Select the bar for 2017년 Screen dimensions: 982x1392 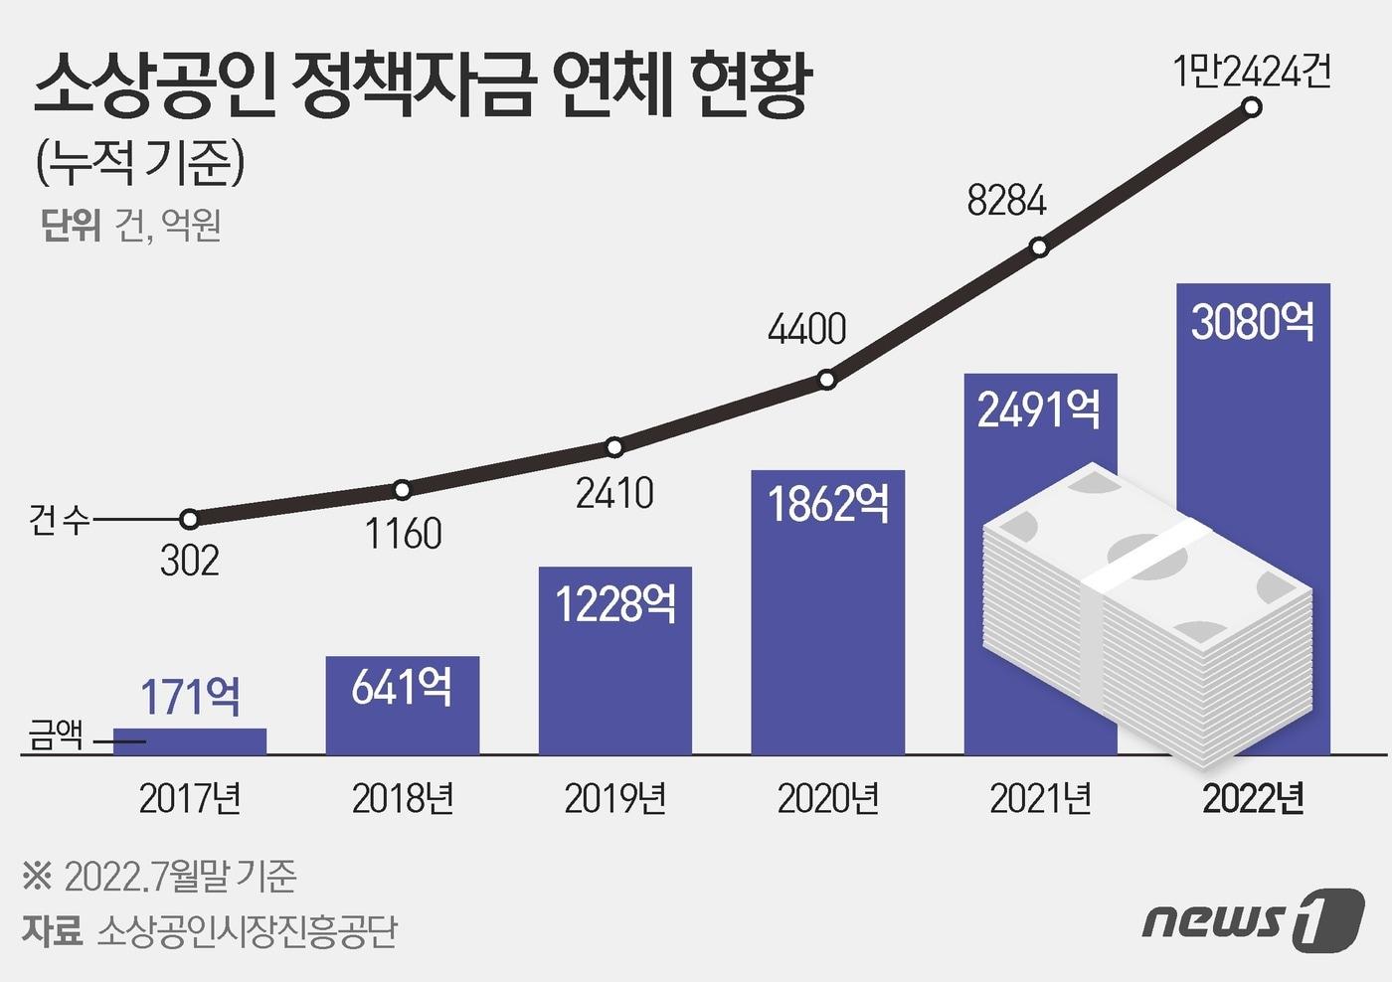tap(190, 741)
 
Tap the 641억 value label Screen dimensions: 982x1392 tap(402, 687)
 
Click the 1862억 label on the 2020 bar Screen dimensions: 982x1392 tap(828, 504)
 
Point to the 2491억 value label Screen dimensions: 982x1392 tap(1039, 409)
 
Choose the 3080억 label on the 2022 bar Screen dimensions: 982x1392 tap(1253, 322)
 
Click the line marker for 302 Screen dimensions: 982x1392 tap(190, 519)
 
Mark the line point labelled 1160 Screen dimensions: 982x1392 tap(402, 489)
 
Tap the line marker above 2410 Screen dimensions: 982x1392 tap(614, 447)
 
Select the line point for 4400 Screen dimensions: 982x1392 tap(827, 380)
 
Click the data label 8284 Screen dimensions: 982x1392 tap(1006, 201)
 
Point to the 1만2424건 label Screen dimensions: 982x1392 tap(1251, 72)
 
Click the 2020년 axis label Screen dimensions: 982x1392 tap(828, 799)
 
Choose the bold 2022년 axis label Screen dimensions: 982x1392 tap(1253, 799)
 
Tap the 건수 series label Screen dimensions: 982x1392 tap(59, 519)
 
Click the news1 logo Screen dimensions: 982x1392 tap(1253, 918)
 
